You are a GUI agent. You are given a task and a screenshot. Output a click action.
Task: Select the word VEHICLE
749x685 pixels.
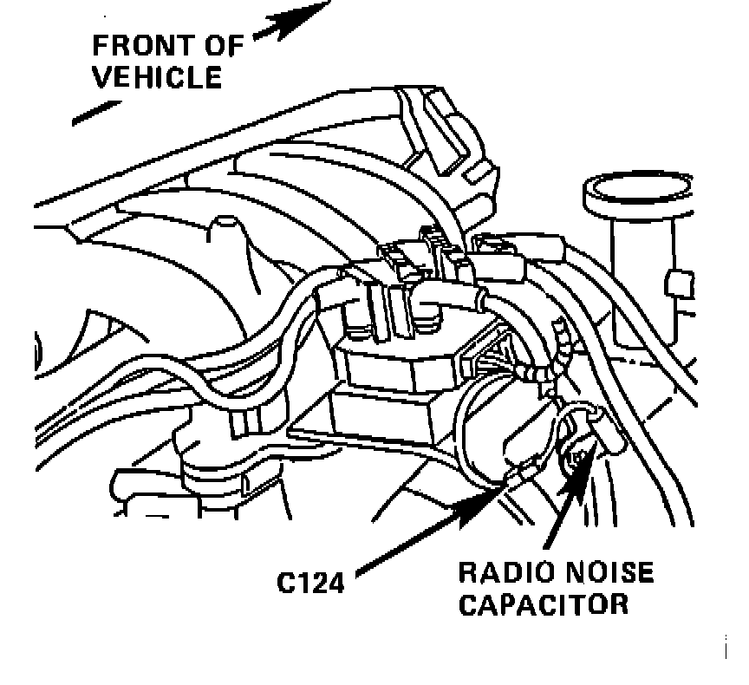pos(157,77)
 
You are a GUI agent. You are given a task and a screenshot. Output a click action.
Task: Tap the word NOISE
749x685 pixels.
pos(605,573)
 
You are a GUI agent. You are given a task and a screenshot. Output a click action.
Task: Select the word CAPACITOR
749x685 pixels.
pos(542,603)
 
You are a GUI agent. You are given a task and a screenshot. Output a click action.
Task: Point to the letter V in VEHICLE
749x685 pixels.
pos(103,77)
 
